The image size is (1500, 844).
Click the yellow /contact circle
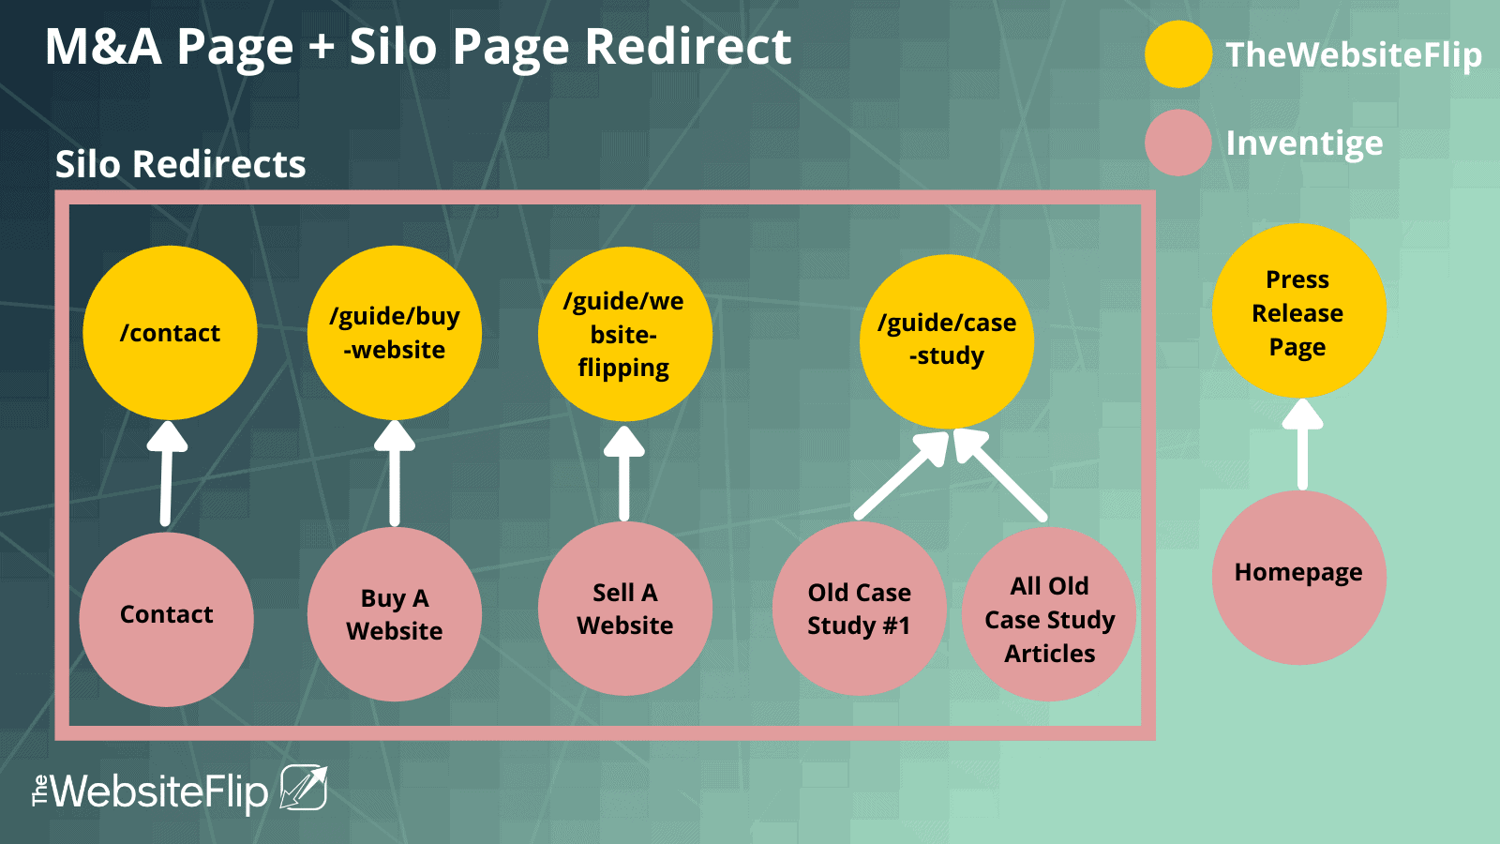170,333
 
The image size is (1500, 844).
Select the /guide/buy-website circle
395,333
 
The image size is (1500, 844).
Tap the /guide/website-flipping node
624,334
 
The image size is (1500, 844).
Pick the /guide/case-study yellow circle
947,341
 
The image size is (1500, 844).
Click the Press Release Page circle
1299,310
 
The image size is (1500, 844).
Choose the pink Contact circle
167,619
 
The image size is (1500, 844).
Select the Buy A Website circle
395,614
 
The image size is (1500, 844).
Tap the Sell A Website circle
624,609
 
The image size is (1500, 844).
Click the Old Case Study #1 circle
859,609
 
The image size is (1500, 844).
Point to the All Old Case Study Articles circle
1049,614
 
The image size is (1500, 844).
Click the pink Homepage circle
1299,578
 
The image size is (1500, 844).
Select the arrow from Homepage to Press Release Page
1302,445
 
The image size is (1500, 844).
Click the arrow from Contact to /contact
166,474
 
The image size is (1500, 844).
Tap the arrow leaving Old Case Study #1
901,475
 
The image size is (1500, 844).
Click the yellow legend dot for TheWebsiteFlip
1177,54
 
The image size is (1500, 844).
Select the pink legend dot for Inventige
1177,143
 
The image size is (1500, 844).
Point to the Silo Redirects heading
180,164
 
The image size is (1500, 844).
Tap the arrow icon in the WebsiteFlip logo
304,787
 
